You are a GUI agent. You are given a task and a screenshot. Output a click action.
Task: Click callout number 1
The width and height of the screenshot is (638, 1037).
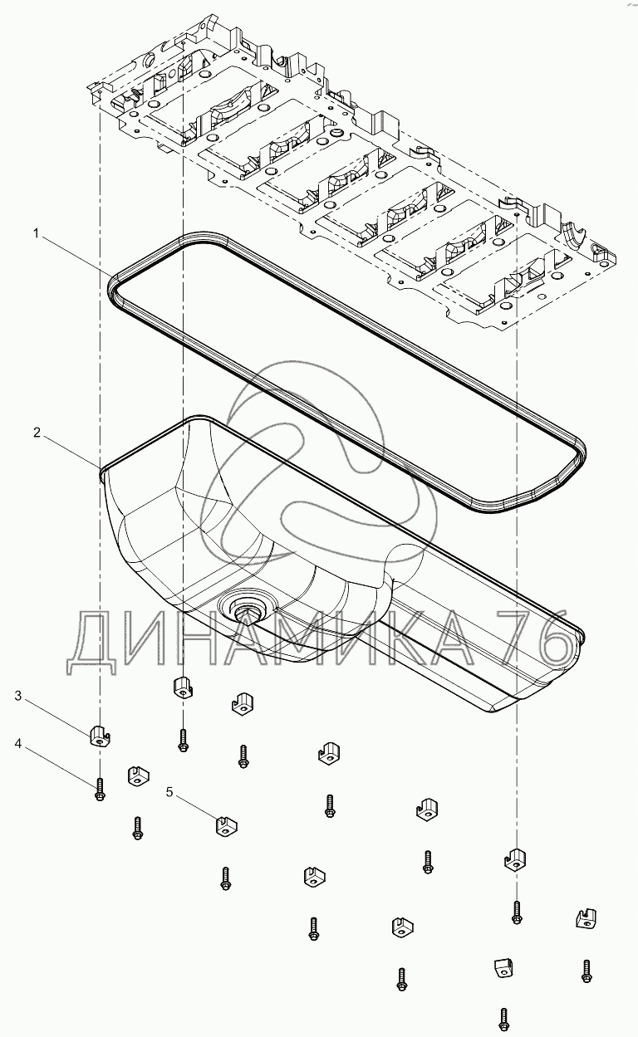(37, 235)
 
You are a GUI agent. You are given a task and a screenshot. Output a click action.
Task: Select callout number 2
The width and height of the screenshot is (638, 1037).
(37, 433)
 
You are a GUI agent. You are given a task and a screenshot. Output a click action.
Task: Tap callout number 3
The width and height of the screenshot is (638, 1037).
(18, 696)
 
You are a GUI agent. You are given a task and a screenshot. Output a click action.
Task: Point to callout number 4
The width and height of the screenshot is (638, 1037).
(18, 745)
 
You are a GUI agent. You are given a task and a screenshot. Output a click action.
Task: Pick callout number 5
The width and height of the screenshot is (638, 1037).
(170, 793)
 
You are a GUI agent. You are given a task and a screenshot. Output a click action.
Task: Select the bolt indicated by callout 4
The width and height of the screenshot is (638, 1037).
(99, 790)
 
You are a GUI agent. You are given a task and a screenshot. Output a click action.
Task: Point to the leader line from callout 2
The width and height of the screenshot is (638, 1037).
(71, 452)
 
